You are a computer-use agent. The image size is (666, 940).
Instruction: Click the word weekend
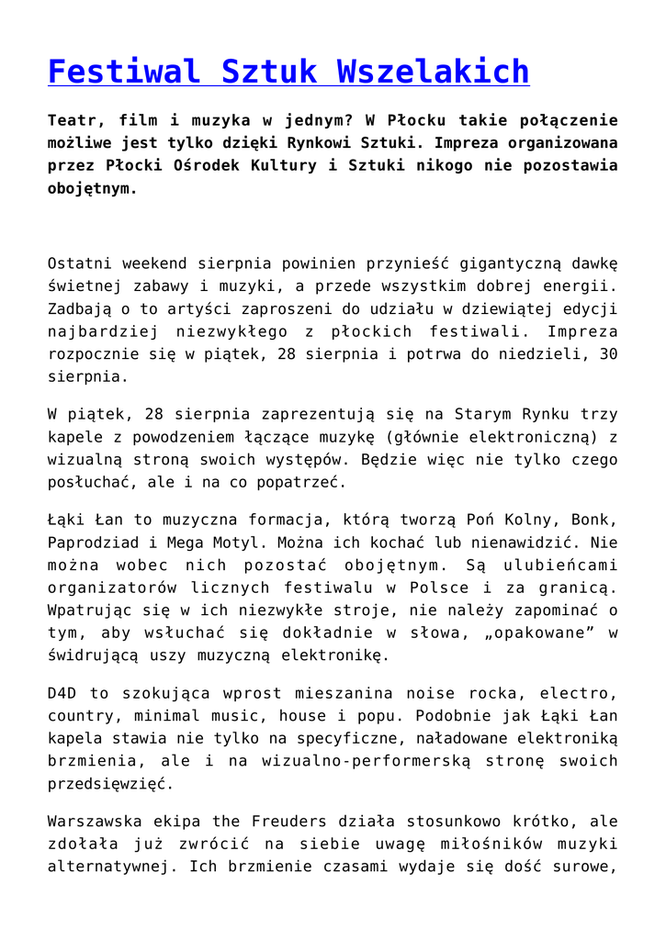pos(164,263)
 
